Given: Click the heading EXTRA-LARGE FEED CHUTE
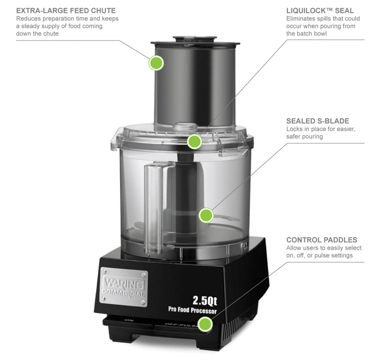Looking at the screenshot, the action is pyautogui.click(x=66, y=11).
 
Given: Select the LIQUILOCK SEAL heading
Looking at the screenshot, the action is pyautogui.click(x=320, y=11).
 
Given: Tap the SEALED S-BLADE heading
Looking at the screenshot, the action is pyautogui.click(x=318, y=121).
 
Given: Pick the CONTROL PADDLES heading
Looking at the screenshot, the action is pyautogui.click(x=322, y=240).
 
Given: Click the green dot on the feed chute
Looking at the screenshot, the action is pyautogui.click(x=156, y=63).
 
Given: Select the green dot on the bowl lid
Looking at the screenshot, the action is pyautogui.click(x=194, y=141).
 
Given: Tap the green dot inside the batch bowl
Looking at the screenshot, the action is pyautogui.click(x=206, y=215).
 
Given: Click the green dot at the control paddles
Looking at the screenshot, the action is pyautogui.click(x=205, y=325).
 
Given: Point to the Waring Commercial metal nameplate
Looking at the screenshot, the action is pyautogui.click(x=124, y=287).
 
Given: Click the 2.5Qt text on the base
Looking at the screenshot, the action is pyautogui.click(x=205, y=301).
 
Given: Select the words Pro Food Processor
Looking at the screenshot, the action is pyautogui.click(x=192, y=310).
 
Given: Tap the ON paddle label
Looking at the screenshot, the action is pyautogui.click(x=129, y=320).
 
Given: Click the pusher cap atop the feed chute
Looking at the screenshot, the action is pyautogui.click(x=195, y=40).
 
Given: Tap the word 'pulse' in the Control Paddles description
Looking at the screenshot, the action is pyautogui.click(x=321, y=256).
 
